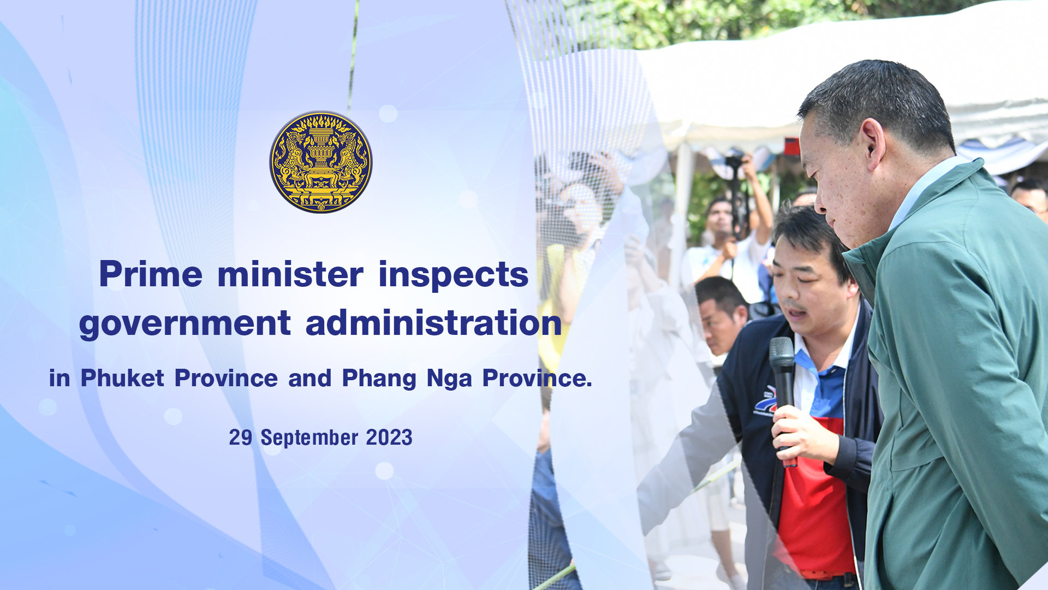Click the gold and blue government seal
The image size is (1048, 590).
point(321,162)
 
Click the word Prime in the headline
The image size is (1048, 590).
point(151,274)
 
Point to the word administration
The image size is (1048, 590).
point(434,322)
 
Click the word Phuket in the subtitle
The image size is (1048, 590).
point(122,378)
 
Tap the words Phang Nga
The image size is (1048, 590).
point(407,379)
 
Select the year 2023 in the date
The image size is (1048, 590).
point(389,438)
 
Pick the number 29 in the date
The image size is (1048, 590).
point(241,438)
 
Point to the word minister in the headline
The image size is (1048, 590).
point(290,274)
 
